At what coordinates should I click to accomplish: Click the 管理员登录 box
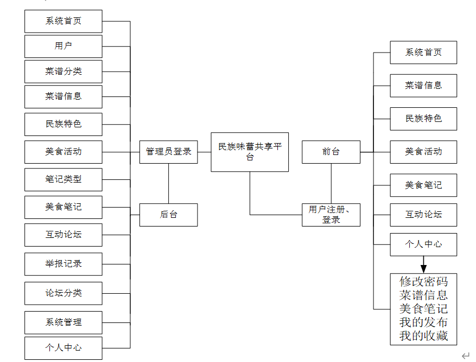pyautogui.click(x=168, y=152)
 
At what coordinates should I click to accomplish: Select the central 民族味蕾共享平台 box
pyautogui.click(x=250, y=152)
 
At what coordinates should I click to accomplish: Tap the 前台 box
pyautogui.click(x=331, y=152)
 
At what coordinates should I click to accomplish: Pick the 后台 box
pyautogui.click(x=168, y=215)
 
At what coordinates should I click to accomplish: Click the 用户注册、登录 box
pyautogui.click(x=331, y=215)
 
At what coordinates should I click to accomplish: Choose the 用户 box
pyautogui.click(x=64, y=46)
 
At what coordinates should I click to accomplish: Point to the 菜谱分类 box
pyautogui.click(x=64, y=72)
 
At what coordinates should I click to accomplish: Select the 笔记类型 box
pyautogui.click(x=64, y=179)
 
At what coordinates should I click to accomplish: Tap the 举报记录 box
pyautogui.click(x=64, y=264)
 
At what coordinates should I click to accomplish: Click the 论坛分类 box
pyautogui.click(x=64, y=293)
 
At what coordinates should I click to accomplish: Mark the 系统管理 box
pyautogui.click(x=64, y=322)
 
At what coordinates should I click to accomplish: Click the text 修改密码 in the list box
pyautogui.click(x=423, y=282)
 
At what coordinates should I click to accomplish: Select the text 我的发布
pyautogui.click(x=423, y=322)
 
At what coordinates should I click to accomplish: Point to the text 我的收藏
pyautogui.click(x=423, y=336)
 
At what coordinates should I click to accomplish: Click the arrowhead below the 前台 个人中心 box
pyautogui.click(x=423, y=268)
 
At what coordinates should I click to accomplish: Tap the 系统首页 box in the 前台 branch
pyautogui.click(x=423, y=53)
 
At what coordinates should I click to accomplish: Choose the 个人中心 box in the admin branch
pyautogui.click(x=64, y=347)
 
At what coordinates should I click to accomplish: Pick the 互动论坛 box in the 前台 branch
pyautogui.click(x=423, y=215)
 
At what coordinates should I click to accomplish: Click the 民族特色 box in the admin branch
pyautogui.click(x=64, y=124)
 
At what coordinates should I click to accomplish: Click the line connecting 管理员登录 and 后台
pyautogui.click(x=168, y=183)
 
